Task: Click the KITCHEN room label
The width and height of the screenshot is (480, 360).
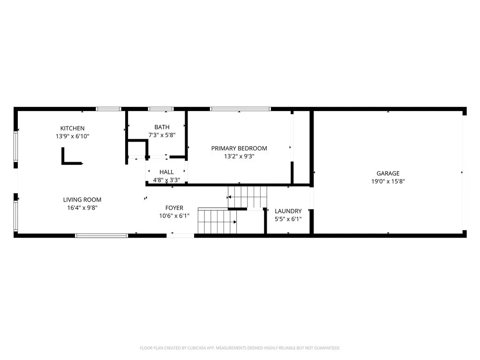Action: (72, 128)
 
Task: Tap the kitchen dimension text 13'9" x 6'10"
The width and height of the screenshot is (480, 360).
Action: (72, 136)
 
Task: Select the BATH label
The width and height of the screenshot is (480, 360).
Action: (162, 127)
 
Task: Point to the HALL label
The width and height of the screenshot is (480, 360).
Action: (166, 172)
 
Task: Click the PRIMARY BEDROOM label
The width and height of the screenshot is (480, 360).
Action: (239, 149)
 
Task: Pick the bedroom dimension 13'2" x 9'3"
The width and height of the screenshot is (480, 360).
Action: (239, 157)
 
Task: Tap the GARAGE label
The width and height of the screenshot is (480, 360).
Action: (388, 173)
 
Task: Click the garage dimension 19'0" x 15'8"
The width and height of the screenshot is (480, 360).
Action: (388, 181)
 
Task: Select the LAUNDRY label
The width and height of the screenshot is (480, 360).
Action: (288, 211)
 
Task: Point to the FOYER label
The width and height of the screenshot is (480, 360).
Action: (174, 208)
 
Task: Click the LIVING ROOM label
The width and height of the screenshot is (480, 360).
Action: (82, 200)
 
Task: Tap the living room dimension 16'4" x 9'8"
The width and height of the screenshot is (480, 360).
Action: (82, 208)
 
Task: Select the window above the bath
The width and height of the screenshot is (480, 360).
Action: (161, 109)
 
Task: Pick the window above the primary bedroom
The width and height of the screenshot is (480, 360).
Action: (240, 109)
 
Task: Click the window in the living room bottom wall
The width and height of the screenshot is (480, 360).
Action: (101, 235)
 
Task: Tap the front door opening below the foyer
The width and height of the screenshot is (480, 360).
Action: (180, 235)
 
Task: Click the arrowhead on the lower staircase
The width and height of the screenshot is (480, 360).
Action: (235, 222)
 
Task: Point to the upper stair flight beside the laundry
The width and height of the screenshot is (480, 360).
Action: (247, 197)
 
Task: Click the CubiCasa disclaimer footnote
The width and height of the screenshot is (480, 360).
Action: (240, 348)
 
